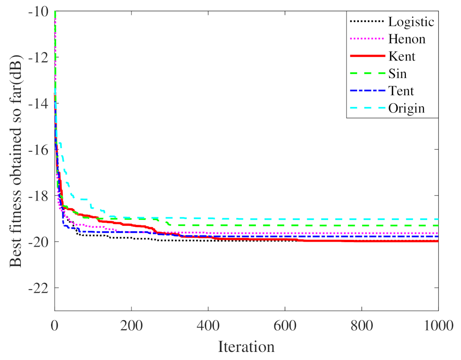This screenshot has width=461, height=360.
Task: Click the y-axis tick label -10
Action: click(40, 11)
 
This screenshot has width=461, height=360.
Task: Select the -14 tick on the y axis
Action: click(40, 103)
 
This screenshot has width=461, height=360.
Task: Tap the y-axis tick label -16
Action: click(40, 150)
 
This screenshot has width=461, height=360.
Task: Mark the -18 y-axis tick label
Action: click(40, 196)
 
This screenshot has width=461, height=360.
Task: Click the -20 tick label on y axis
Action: click(40, 242)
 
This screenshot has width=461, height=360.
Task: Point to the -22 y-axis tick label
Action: click(40, 288)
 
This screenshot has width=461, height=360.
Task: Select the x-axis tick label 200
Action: click(131, 324)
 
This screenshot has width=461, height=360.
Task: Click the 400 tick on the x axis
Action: click(208, 324)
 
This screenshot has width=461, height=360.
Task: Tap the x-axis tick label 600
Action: click(285, 324)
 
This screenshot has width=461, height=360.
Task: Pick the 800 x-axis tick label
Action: click(362, 324)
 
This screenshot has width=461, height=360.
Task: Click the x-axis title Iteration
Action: click(246, 347)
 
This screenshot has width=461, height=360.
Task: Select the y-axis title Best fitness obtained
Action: click(17, 160)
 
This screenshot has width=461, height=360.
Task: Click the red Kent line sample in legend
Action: click(366, 56)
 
